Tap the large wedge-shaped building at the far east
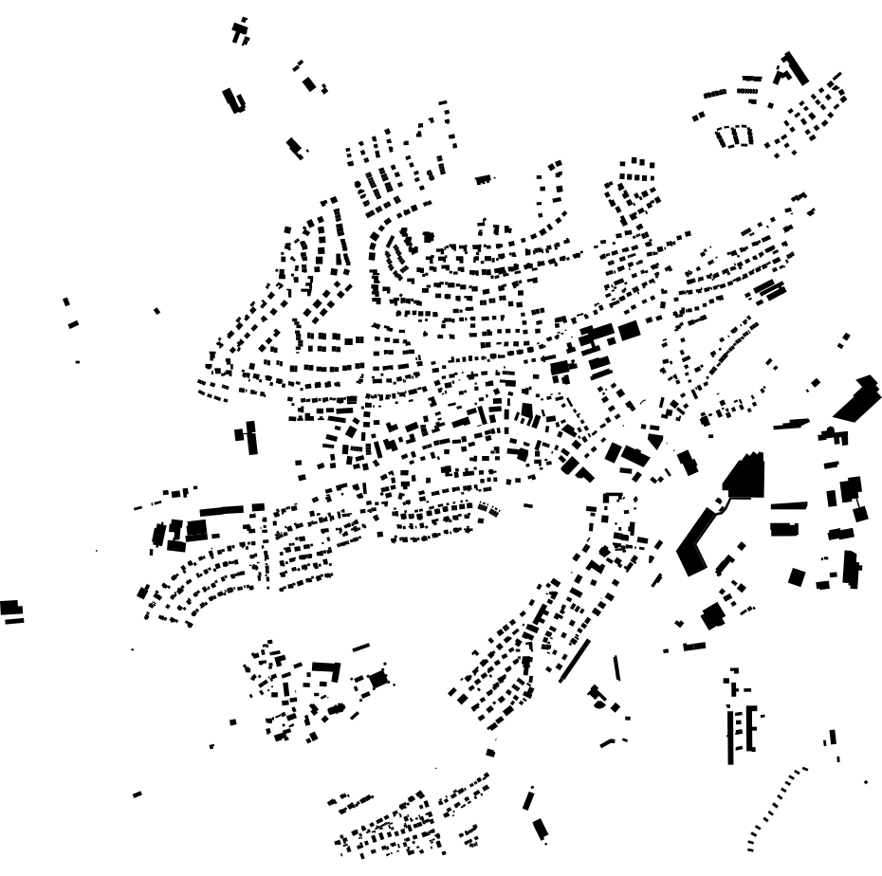857,398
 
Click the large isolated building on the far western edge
9,607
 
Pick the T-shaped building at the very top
240,30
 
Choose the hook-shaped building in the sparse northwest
232,100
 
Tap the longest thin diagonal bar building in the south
575,661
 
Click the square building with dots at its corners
379,679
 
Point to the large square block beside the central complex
629,331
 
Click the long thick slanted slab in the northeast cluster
794,67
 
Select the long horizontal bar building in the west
221,511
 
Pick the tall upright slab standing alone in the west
252,437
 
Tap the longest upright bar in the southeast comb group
730,736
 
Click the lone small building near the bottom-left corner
138,794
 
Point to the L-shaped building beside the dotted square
326,670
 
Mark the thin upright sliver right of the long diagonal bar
617,667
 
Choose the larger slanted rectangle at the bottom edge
540,830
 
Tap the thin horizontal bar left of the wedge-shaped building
791,424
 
